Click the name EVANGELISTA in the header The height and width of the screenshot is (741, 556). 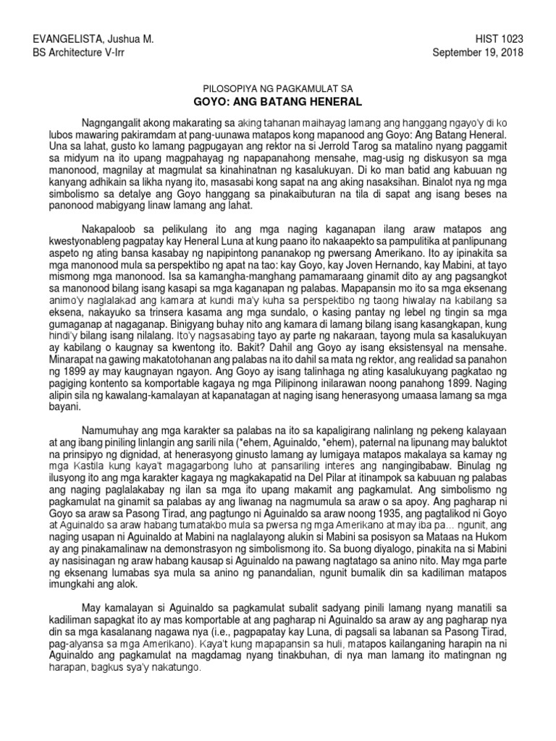(50, 39)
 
